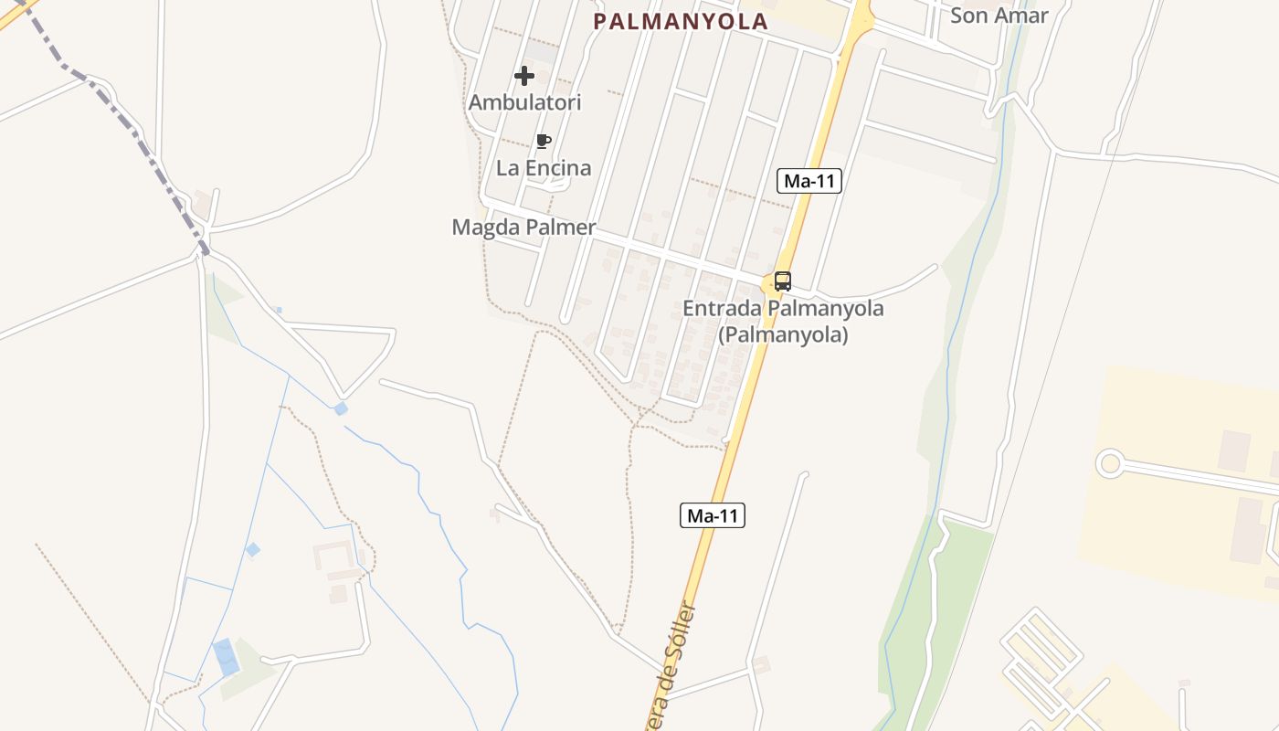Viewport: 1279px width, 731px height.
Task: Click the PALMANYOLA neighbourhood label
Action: pyautogui.click(x=681, y=22)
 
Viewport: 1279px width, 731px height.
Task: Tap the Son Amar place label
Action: pyautogui.click(x=999, y=15)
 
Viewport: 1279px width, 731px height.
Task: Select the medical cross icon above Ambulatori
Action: pyautogui.click(x=524, y=76)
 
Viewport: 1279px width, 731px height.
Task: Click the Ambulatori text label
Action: pyautogui.click(x=524, y=102)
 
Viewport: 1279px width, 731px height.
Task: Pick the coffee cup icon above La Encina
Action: pyautogui.click(x=544, y=141)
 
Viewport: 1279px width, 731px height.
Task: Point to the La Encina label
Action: pyautogui.click(x=544, y=168)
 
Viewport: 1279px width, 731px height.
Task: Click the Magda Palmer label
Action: pyautogui.click(x=523, y=228)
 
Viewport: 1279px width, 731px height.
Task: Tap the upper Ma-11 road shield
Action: pyautogui.click(x=809, y=181)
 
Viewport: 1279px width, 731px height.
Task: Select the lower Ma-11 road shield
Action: pyautogui.click(x=713, y=515)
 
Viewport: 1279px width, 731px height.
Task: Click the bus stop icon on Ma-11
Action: pyautogui.click(x=782, y=281)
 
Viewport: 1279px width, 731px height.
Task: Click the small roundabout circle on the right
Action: pyautogui.click(x=1110, y=463)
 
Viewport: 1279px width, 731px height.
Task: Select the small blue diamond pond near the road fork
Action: pyautogui.click(x=341, y=408)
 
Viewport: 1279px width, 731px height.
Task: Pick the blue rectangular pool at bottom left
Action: pyautogui.click(x=225, y=657)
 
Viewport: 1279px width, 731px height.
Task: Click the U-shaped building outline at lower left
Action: pyautogui.click(x=334, y=559)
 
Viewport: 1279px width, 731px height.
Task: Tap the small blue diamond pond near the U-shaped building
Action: pyautogui.click(x=253, y=549)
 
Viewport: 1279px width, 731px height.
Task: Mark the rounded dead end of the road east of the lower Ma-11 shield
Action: pyautogui.click(x=804, y=474)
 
